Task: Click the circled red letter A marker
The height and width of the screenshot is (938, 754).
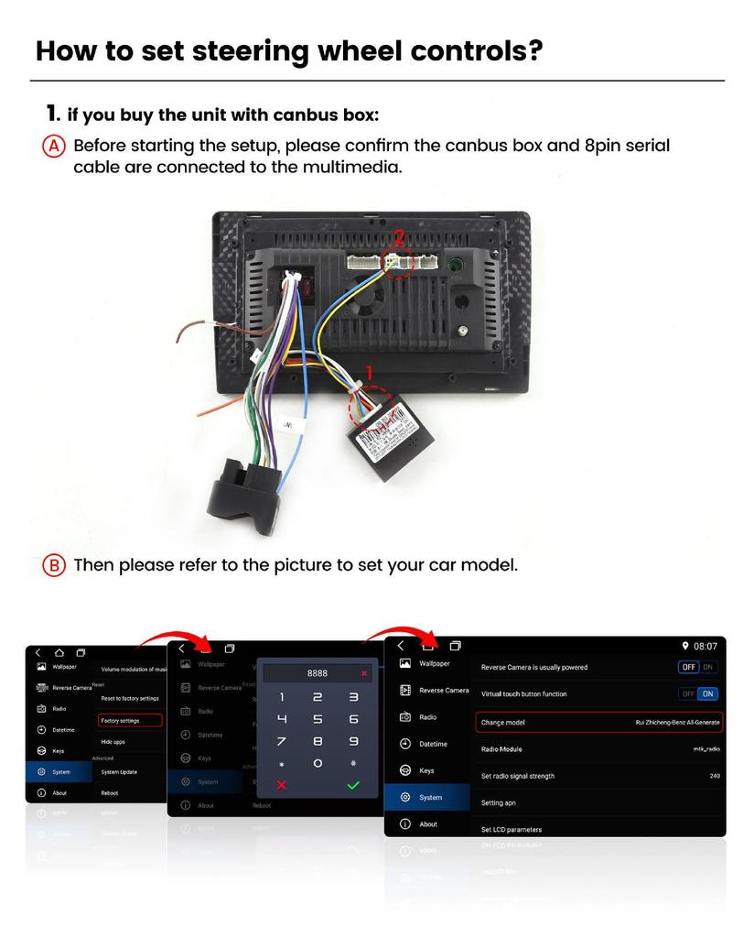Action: point(54,147)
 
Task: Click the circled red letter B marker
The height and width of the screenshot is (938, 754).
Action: point(54,565)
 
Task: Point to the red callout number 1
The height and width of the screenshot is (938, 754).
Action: point(370,373)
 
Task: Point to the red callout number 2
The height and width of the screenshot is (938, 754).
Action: point(399,236)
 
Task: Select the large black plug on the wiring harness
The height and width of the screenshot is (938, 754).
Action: point(243,496)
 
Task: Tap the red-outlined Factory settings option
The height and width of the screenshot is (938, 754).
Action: point(130,721)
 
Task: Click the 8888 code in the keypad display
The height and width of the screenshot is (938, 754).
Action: point(317,673)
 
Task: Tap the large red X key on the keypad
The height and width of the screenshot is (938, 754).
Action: point(282,785)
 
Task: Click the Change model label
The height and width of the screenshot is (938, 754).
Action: point(503,723)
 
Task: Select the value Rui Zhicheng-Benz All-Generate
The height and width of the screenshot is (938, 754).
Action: point(677,723)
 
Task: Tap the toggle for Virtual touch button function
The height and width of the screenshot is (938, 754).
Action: point(698,694)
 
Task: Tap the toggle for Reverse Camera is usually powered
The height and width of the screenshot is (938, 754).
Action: point(698,668)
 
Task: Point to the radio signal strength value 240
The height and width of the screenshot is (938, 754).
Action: point(714,776)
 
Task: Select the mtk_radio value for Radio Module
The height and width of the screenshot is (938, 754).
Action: point(706,749)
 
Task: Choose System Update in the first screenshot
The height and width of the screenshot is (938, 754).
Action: point(119,772)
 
